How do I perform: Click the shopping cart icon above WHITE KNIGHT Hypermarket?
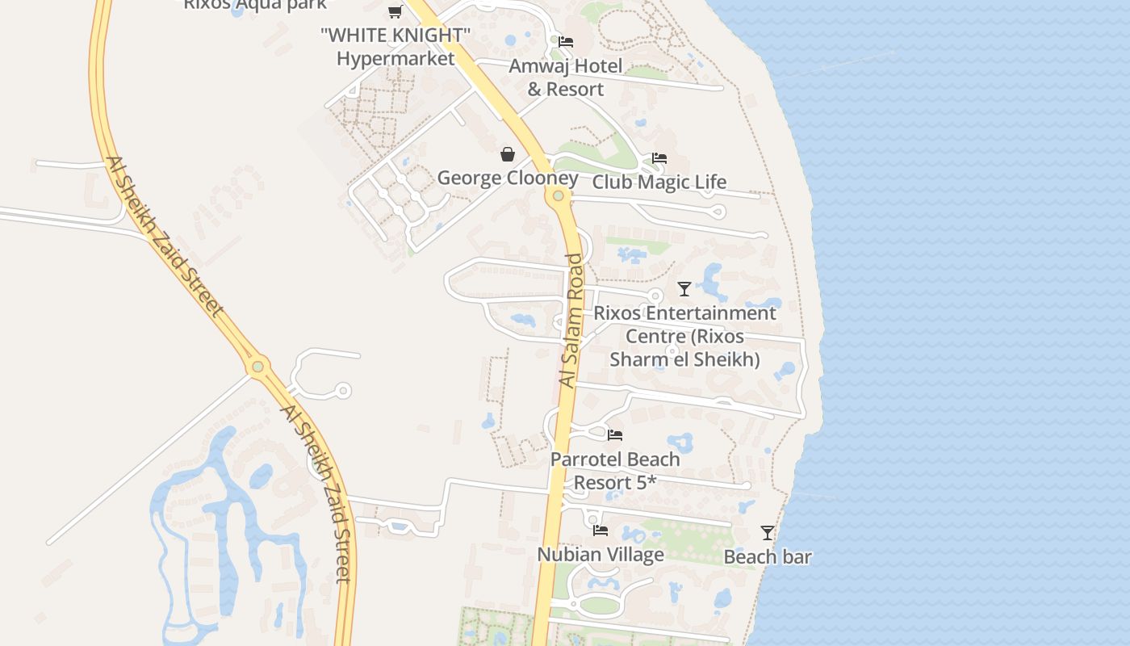tap(395, 11)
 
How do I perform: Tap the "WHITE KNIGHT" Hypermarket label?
tap(395, 47)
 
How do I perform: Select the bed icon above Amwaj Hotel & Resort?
tap(566, 42)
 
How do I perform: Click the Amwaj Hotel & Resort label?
tap(566, 78)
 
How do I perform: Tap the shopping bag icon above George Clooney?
tap(508, 154)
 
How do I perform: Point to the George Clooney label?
tap(508, 178)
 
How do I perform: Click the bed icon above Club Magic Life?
tap(659, 158)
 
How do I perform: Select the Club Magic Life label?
tap(659, 182)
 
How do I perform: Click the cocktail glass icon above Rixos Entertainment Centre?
tap(684, 288)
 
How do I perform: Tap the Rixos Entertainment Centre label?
tap(684, 335)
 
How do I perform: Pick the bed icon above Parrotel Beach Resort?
tap(615, 435)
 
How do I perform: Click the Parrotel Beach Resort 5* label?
tap(615, 471)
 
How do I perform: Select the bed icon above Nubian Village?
tap(601, 531)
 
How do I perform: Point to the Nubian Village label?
tap(601, 554)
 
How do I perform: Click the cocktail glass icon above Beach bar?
tap(768, 533)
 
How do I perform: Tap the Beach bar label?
tap(768, 556)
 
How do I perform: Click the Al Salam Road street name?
tap(571, 321)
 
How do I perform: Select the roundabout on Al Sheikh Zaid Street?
tap(257, 367)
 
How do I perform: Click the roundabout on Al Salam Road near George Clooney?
tap(558, 195)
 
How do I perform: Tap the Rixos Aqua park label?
tap(255, 5)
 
